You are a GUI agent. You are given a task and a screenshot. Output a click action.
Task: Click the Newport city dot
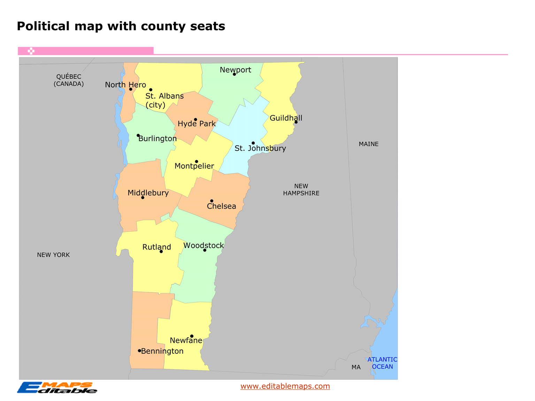point(234,74)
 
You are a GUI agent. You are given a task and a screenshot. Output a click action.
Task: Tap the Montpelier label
point(194,166)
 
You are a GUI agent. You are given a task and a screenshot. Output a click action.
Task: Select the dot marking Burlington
point(138,136)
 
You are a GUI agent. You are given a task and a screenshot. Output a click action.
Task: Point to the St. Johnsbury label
point(260,148)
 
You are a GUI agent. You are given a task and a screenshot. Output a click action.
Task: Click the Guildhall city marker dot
point(296,122)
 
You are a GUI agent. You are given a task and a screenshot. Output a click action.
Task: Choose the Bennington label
point(162,351)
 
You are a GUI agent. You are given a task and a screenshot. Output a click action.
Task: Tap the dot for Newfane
point(192,336)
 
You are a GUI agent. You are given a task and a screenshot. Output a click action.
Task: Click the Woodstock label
point(204,246)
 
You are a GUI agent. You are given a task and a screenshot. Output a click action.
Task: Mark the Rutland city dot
point(161,252)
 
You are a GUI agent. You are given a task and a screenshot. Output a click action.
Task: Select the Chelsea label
point(221,206)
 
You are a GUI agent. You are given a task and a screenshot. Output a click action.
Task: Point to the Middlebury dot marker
point(143,198)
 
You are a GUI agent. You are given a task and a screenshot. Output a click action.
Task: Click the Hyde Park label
point(197,124)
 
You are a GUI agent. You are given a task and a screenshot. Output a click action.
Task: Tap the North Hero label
point(125,85)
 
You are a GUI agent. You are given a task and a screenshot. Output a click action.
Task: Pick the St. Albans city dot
point(151,90)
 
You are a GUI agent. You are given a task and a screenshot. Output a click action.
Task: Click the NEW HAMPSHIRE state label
point(301,190)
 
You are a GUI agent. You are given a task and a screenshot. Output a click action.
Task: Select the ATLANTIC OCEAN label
point(382,363)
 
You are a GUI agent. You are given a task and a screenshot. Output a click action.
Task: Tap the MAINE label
point(368,144)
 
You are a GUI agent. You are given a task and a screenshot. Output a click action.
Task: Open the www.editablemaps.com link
point(285,386)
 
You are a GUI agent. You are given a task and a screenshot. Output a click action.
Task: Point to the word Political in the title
point(43,26)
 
